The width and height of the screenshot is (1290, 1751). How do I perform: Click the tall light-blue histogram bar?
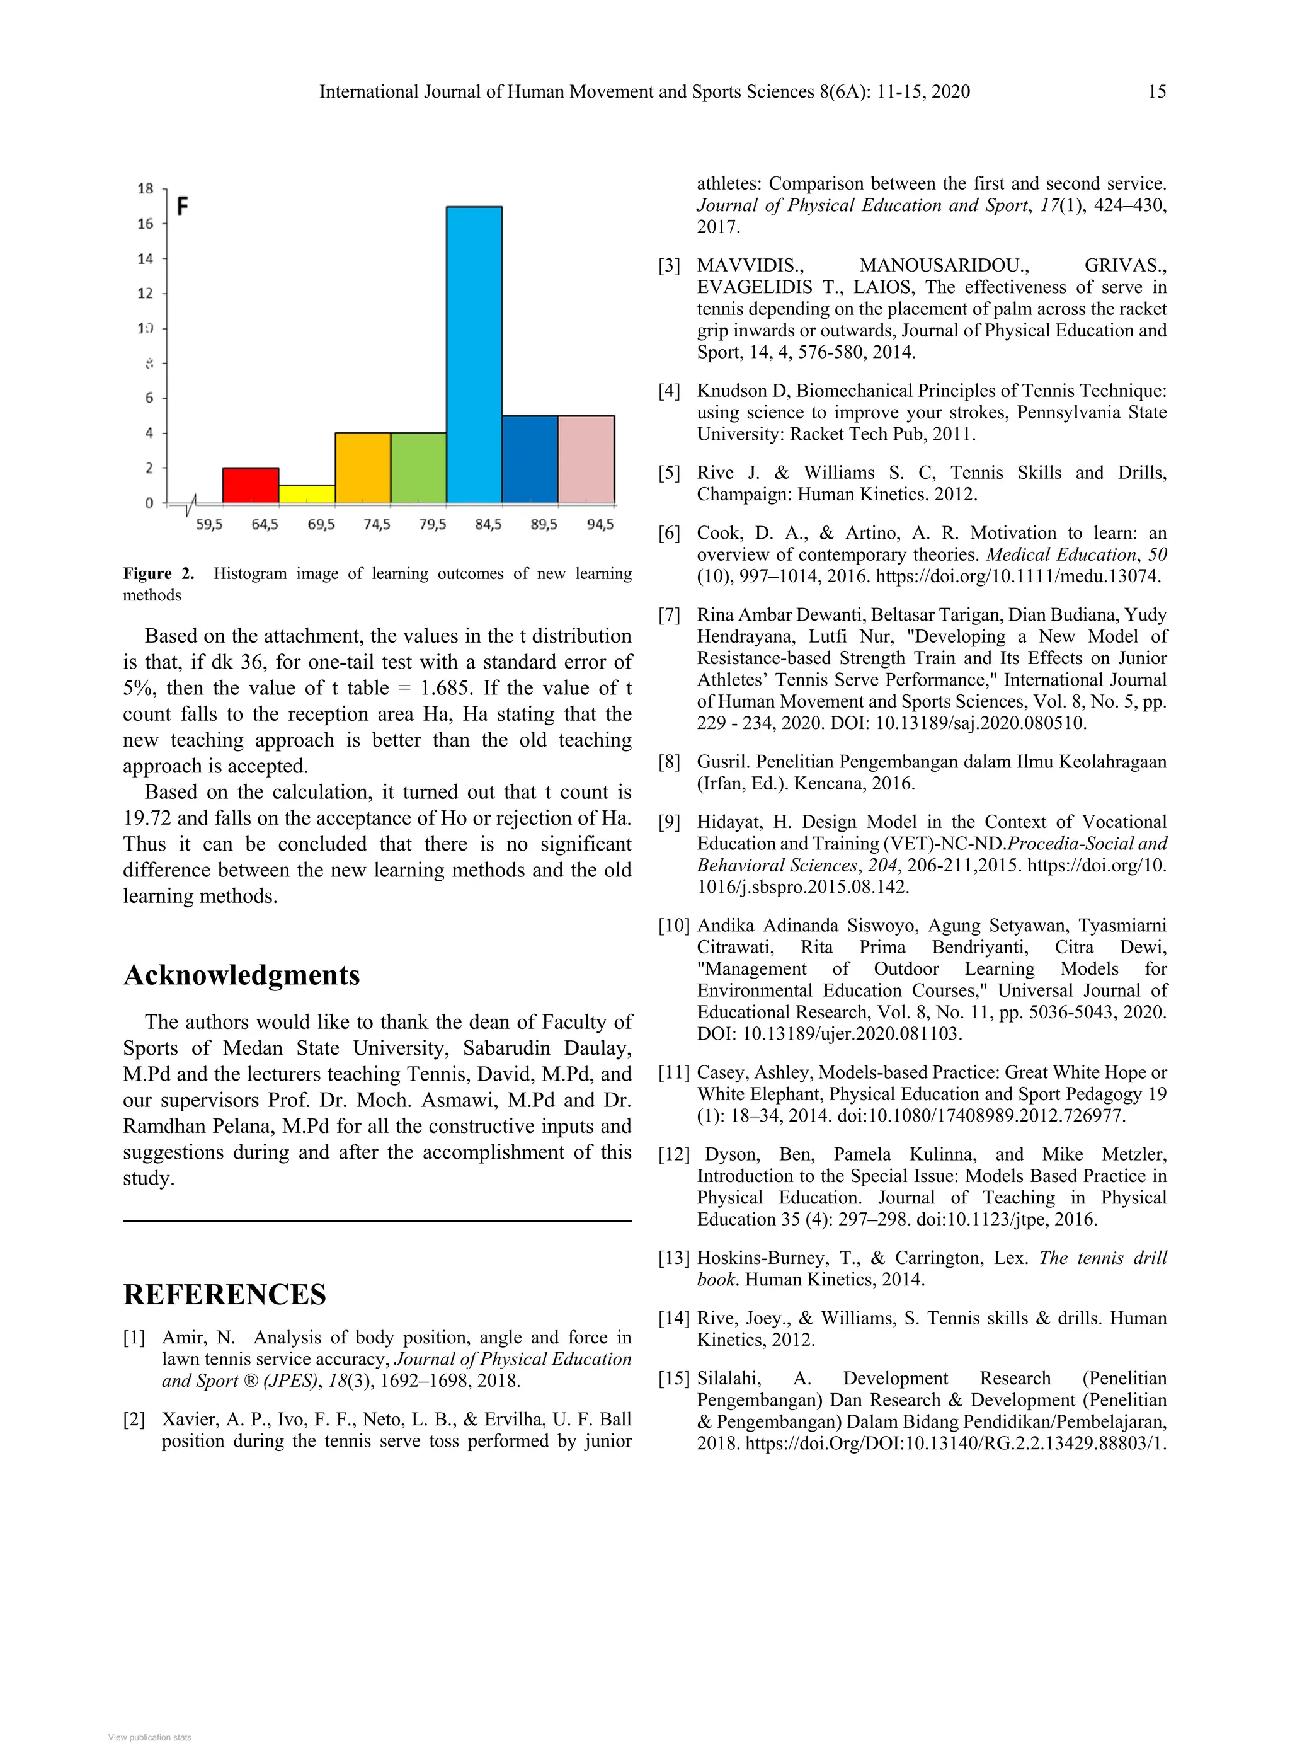point(474,355)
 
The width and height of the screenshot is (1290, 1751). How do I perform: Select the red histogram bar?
point(251,485)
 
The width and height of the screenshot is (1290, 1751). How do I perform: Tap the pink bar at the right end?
point(586,459)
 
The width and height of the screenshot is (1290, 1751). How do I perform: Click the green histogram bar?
point(418,467)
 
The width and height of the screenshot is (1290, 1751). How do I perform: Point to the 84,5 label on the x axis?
point(488,525)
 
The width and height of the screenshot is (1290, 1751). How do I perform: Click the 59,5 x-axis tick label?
point(209,525)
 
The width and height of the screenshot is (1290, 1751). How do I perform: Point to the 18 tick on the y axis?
point(146,189)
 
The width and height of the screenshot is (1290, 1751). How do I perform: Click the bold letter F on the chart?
point(182,207)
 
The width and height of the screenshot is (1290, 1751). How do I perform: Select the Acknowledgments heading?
point(241,975)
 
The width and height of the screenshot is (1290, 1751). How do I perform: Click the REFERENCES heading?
point(224,1294)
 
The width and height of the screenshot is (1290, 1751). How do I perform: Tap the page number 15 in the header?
point(1156,92)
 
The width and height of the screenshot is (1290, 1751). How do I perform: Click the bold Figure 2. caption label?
point(159,573)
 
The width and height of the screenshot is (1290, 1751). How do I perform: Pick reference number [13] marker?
point(674,1258)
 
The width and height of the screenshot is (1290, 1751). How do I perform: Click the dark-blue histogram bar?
point(530,459)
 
